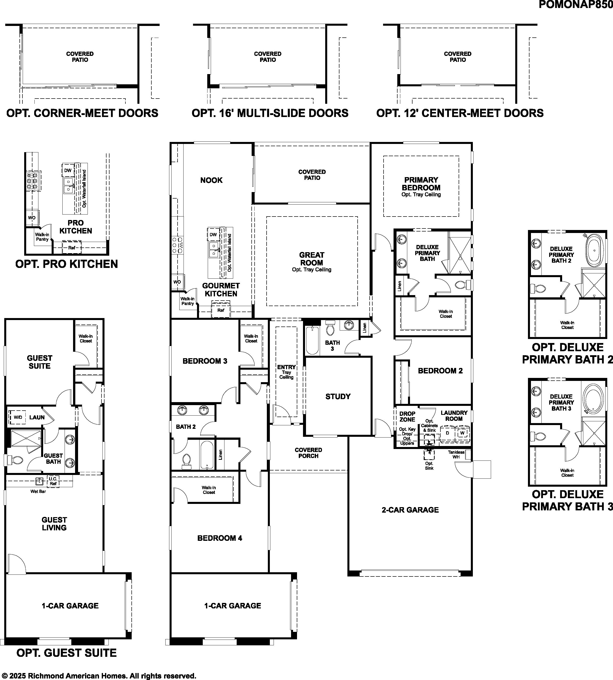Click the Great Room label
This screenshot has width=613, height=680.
click(311, 259)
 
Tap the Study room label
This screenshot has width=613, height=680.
click(338, 397)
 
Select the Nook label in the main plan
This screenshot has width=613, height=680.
click(211, 180)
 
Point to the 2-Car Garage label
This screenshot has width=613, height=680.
click(410, 510)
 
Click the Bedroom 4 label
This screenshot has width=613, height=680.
click(220, 538)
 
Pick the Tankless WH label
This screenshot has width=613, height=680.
click(456, 454)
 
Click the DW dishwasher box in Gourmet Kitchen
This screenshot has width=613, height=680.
click(213, 234)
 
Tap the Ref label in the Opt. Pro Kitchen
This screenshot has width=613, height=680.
click(72, 248)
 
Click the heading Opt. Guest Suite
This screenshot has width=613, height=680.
click(67, 653)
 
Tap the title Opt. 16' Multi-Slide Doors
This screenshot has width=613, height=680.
click(270, 113)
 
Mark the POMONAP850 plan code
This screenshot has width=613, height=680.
click(576, 5)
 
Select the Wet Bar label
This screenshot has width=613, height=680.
click(38, 492)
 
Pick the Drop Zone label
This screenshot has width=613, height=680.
click(407, 417)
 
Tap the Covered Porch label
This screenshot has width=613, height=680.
click(308, 453)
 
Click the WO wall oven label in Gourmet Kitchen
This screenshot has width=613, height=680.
click(177, 282)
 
